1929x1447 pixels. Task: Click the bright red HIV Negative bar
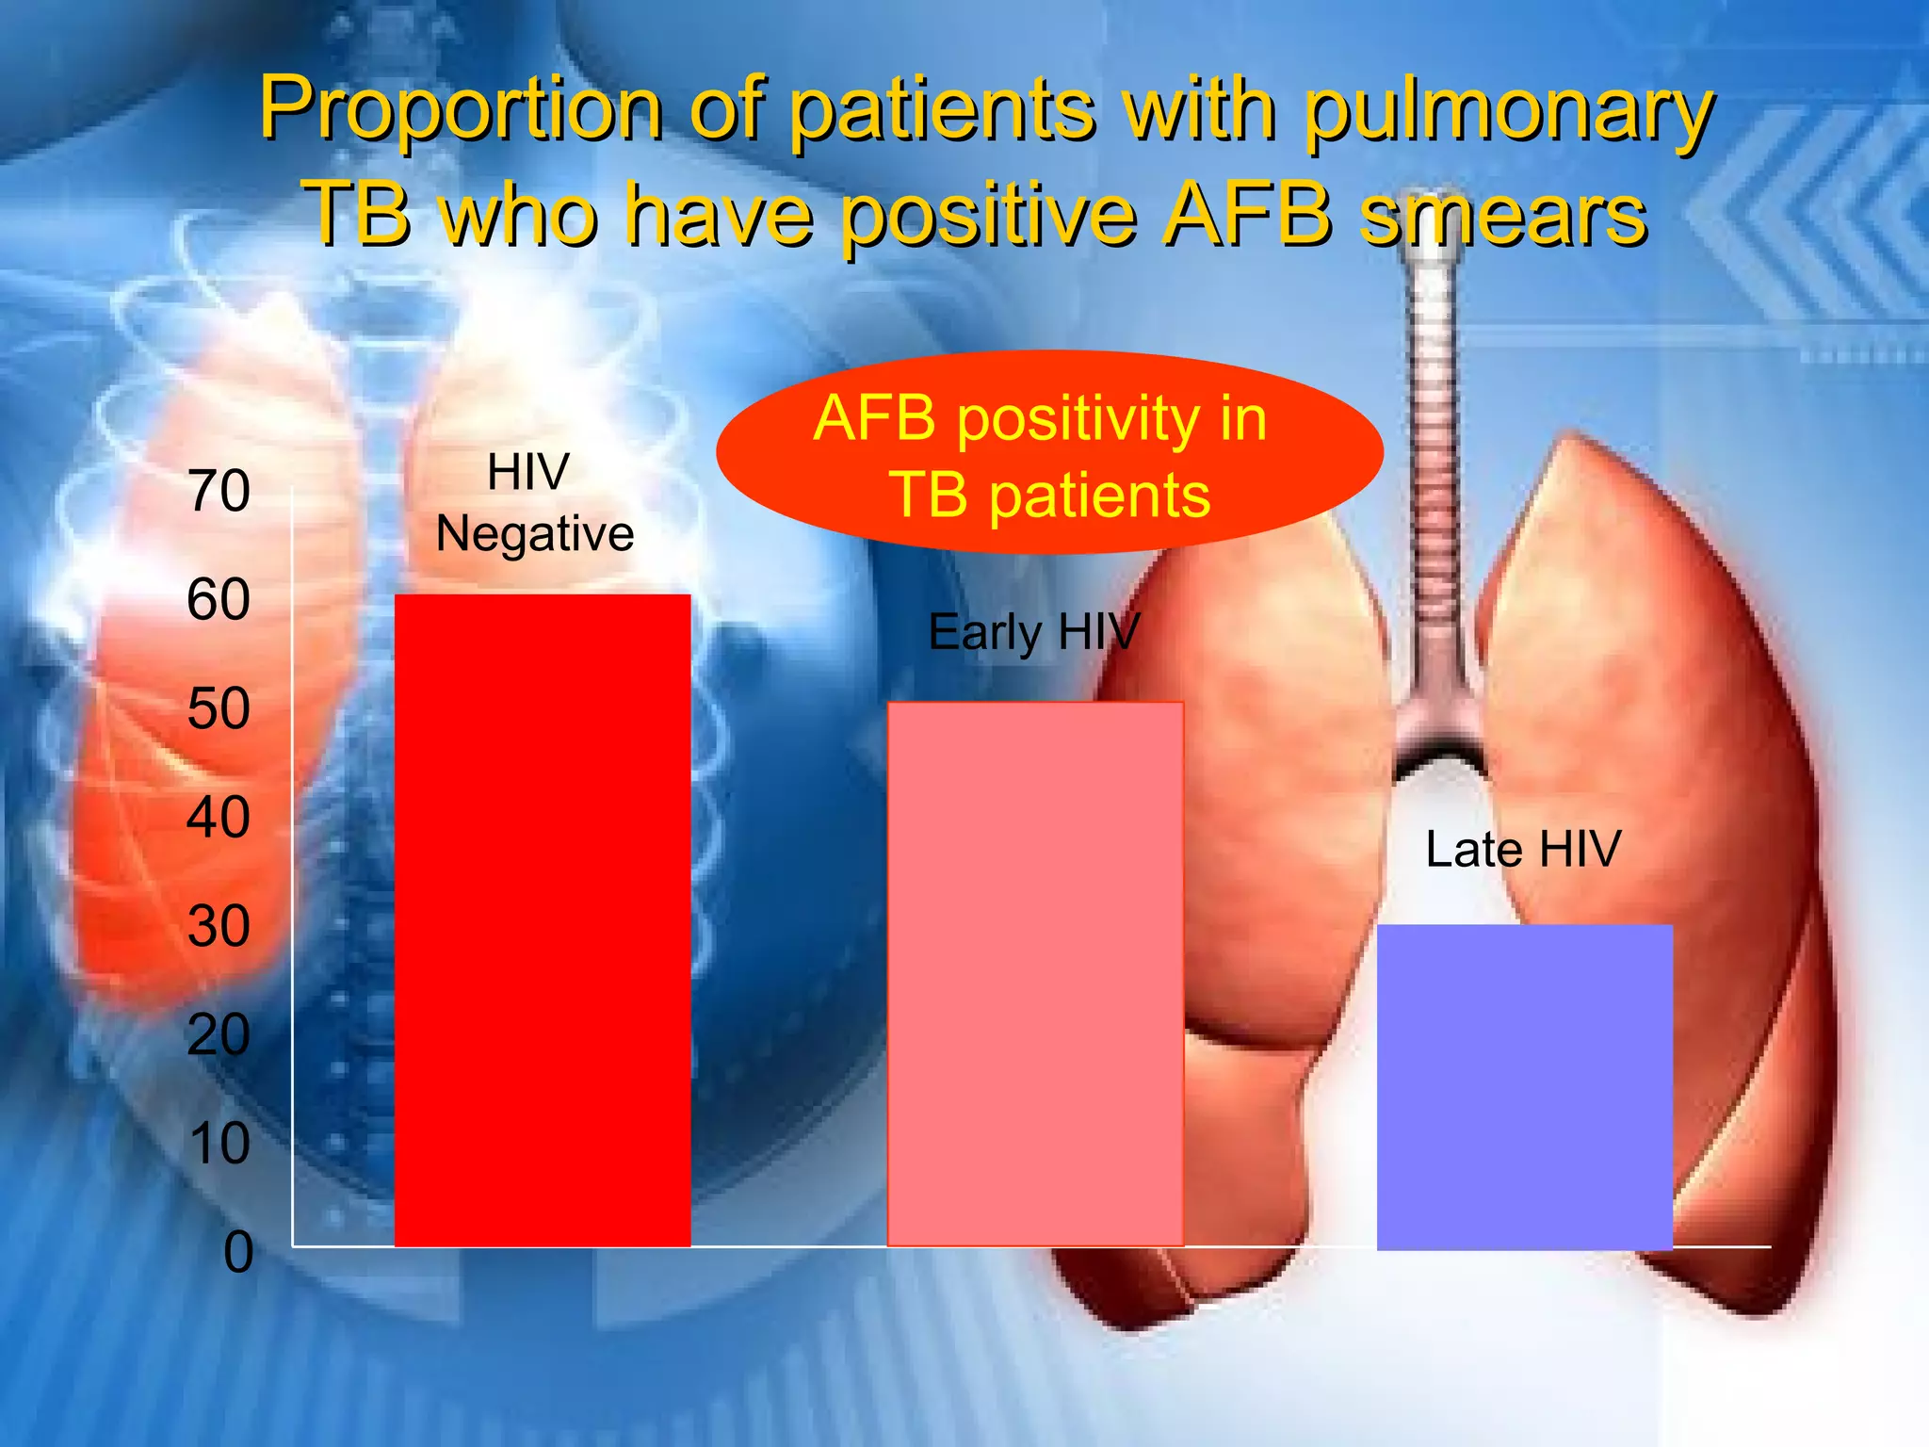click(x=543, y=920)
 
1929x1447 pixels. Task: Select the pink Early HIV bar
click(x=1035, y=973)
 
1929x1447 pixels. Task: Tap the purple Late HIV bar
click(x=1524, y=1087)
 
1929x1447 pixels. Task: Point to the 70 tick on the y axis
click(x=219, y=491)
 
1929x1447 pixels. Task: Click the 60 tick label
click(x=219, y=599)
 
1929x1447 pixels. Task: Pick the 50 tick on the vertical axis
click(x=219, y=708)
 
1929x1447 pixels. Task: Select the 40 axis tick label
click(x=219, y=817)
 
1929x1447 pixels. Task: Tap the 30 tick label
click(x=219, y=926)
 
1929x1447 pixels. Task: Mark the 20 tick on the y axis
click(x=219, y=1034)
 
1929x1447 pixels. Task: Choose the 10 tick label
click(x=219, y=1144)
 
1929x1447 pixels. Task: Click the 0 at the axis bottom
click(x=238, y=1253)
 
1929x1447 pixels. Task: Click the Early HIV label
click(x=1033, y=632)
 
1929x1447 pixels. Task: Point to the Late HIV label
click(x=1523, y=849)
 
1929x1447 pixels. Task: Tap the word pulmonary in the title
click(x=1509, y=111)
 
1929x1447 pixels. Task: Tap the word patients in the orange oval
click(x=1099, y=496)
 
